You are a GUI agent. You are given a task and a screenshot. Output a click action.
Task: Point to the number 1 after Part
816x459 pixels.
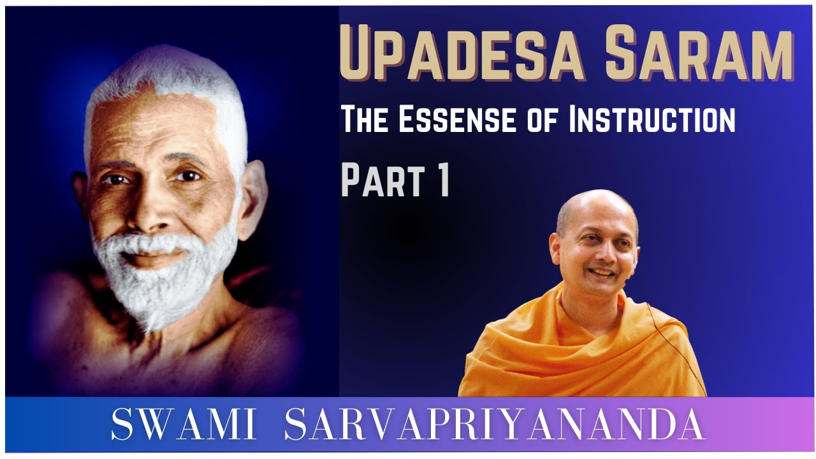click(442, 180)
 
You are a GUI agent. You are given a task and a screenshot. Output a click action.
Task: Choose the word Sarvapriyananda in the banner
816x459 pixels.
click(494, 425)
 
